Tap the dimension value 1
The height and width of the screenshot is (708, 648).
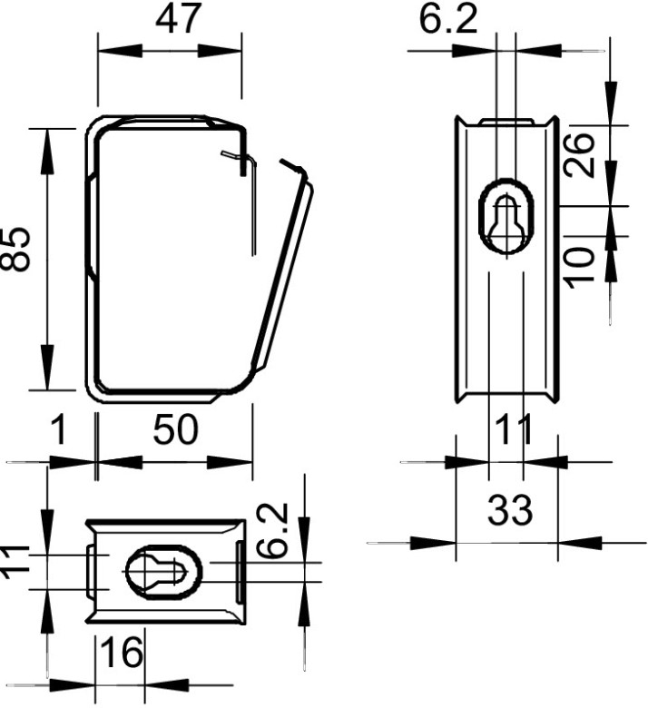(57, 431)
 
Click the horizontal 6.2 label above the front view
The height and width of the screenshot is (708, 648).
(447, 19)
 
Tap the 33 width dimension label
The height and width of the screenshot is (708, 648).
(510, 511)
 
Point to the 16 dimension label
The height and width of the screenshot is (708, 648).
(122, 653)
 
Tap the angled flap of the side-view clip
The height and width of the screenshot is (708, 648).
(282, 272)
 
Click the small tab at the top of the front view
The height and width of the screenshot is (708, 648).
(506, 122)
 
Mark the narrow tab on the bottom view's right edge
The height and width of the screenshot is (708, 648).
(238, 572)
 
